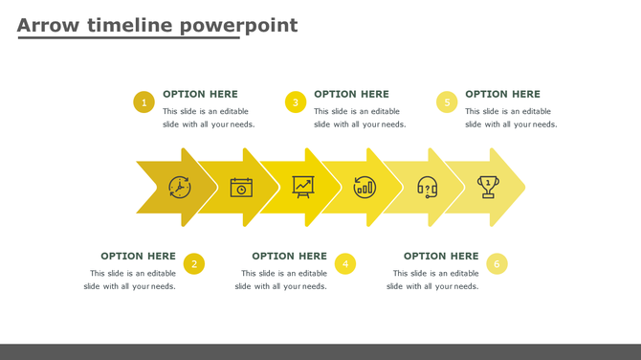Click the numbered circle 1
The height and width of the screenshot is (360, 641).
coord(144,102)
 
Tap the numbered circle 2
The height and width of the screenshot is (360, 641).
coord(194,264)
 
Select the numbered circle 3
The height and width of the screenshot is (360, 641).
coord(296,102)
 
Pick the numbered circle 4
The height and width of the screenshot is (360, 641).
coord(345,264)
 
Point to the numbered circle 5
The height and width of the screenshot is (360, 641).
coord(447,102)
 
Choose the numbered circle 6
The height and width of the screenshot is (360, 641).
coord(497,264)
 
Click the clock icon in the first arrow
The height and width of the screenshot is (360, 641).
coord(180,187)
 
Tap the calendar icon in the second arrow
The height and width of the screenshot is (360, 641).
coord(242,187)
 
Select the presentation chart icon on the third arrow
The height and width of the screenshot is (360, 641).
coord(303,187)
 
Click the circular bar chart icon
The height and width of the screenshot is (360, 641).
coord(365,187)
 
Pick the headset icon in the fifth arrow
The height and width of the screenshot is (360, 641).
coord(427,187)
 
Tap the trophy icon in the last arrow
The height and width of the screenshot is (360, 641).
coord(489,186)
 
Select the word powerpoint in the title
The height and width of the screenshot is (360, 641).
coord(238,25)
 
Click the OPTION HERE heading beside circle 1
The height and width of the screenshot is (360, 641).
coord(200,94)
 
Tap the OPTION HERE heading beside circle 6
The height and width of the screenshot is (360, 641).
coord(441,256)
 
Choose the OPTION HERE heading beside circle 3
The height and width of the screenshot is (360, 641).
coord(351,94)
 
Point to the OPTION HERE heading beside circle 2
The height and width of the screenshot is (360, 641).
coord(138,256)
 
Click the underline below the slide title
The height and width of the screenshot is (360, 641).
coord(128,38)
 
